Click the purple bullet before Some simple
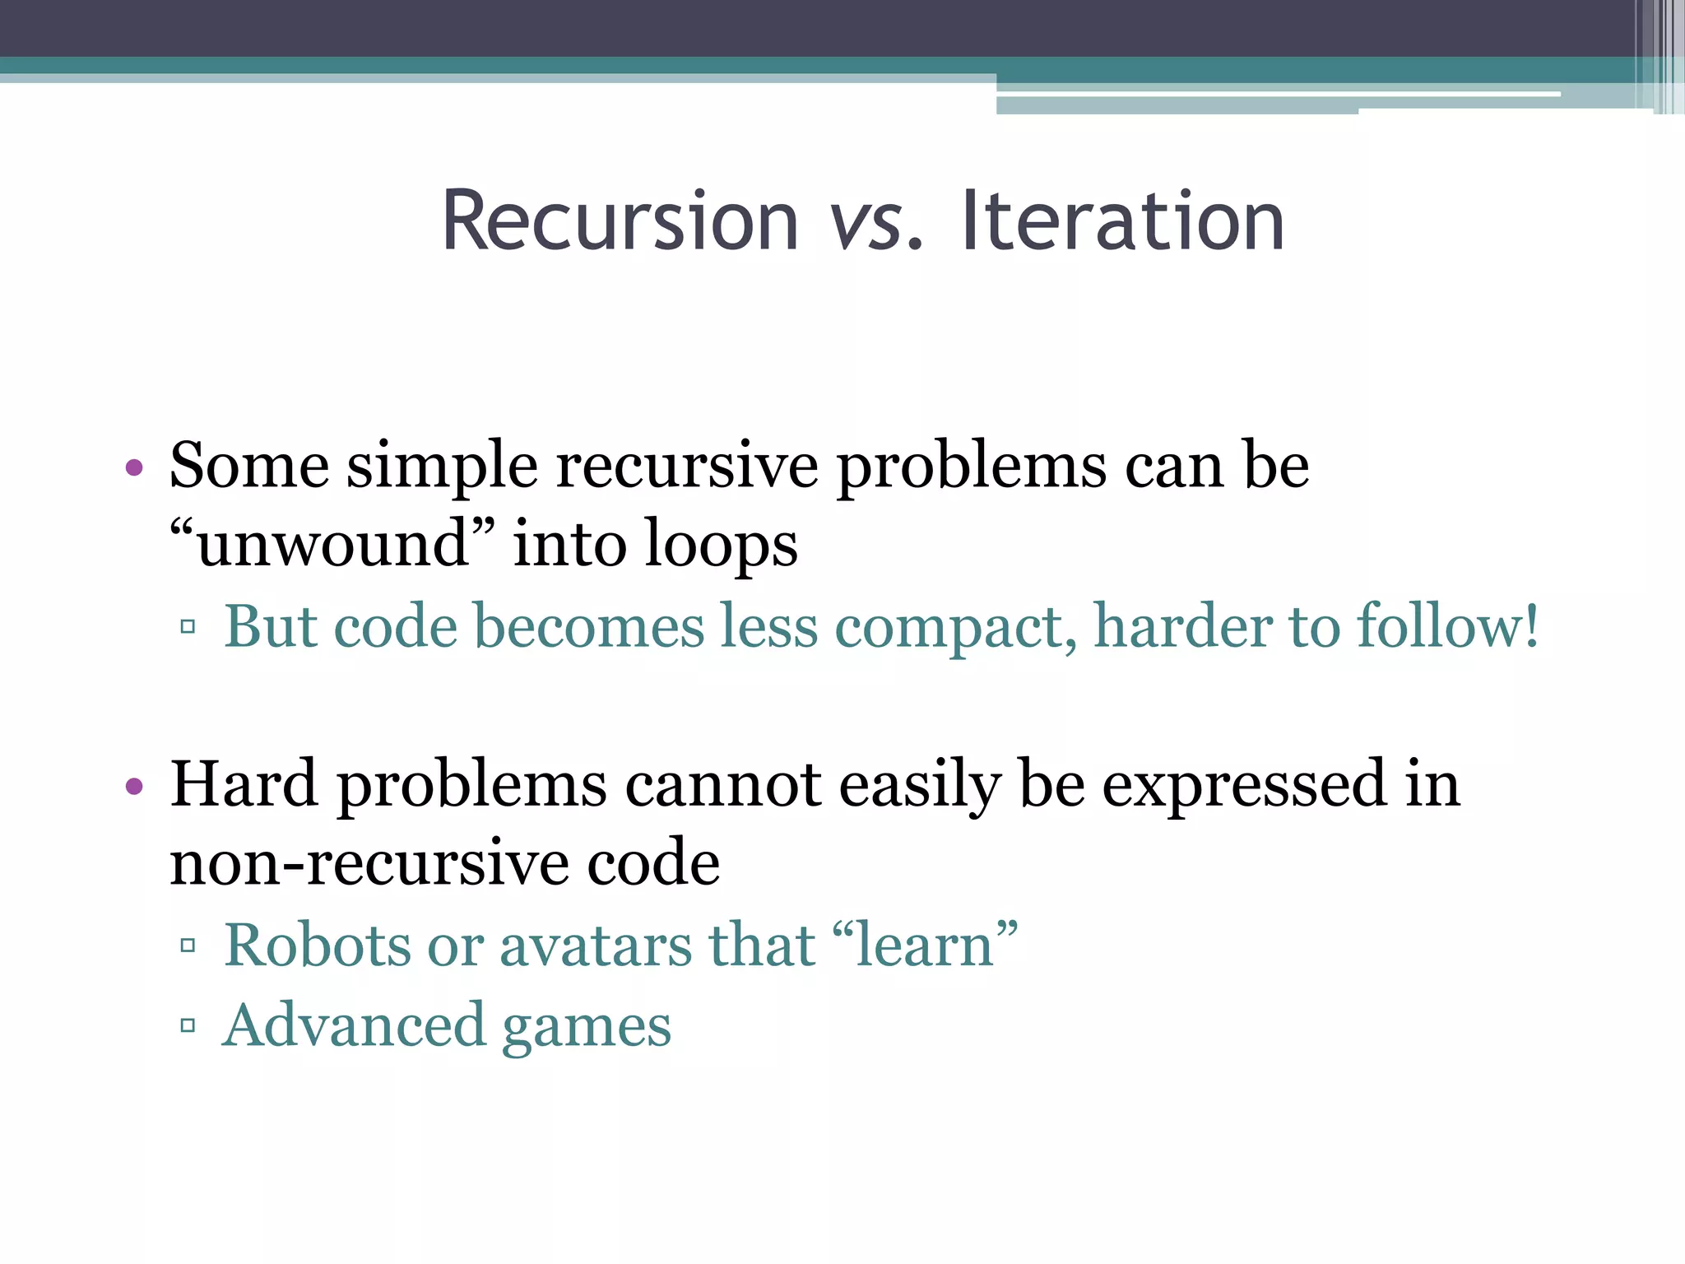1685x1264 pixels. coord(134,469)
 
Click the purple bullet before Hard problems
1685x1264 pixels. coord(134,787)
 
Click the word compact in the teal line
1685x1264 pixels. coord(955,627)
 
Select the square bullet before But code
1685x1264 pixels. coord(188,628)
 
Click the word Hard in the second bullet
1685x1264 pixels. coord(244,783)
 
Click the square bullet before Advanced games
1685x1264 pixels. coord(188,1025)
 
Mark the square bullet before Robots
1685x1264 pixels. coord(188,946)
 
